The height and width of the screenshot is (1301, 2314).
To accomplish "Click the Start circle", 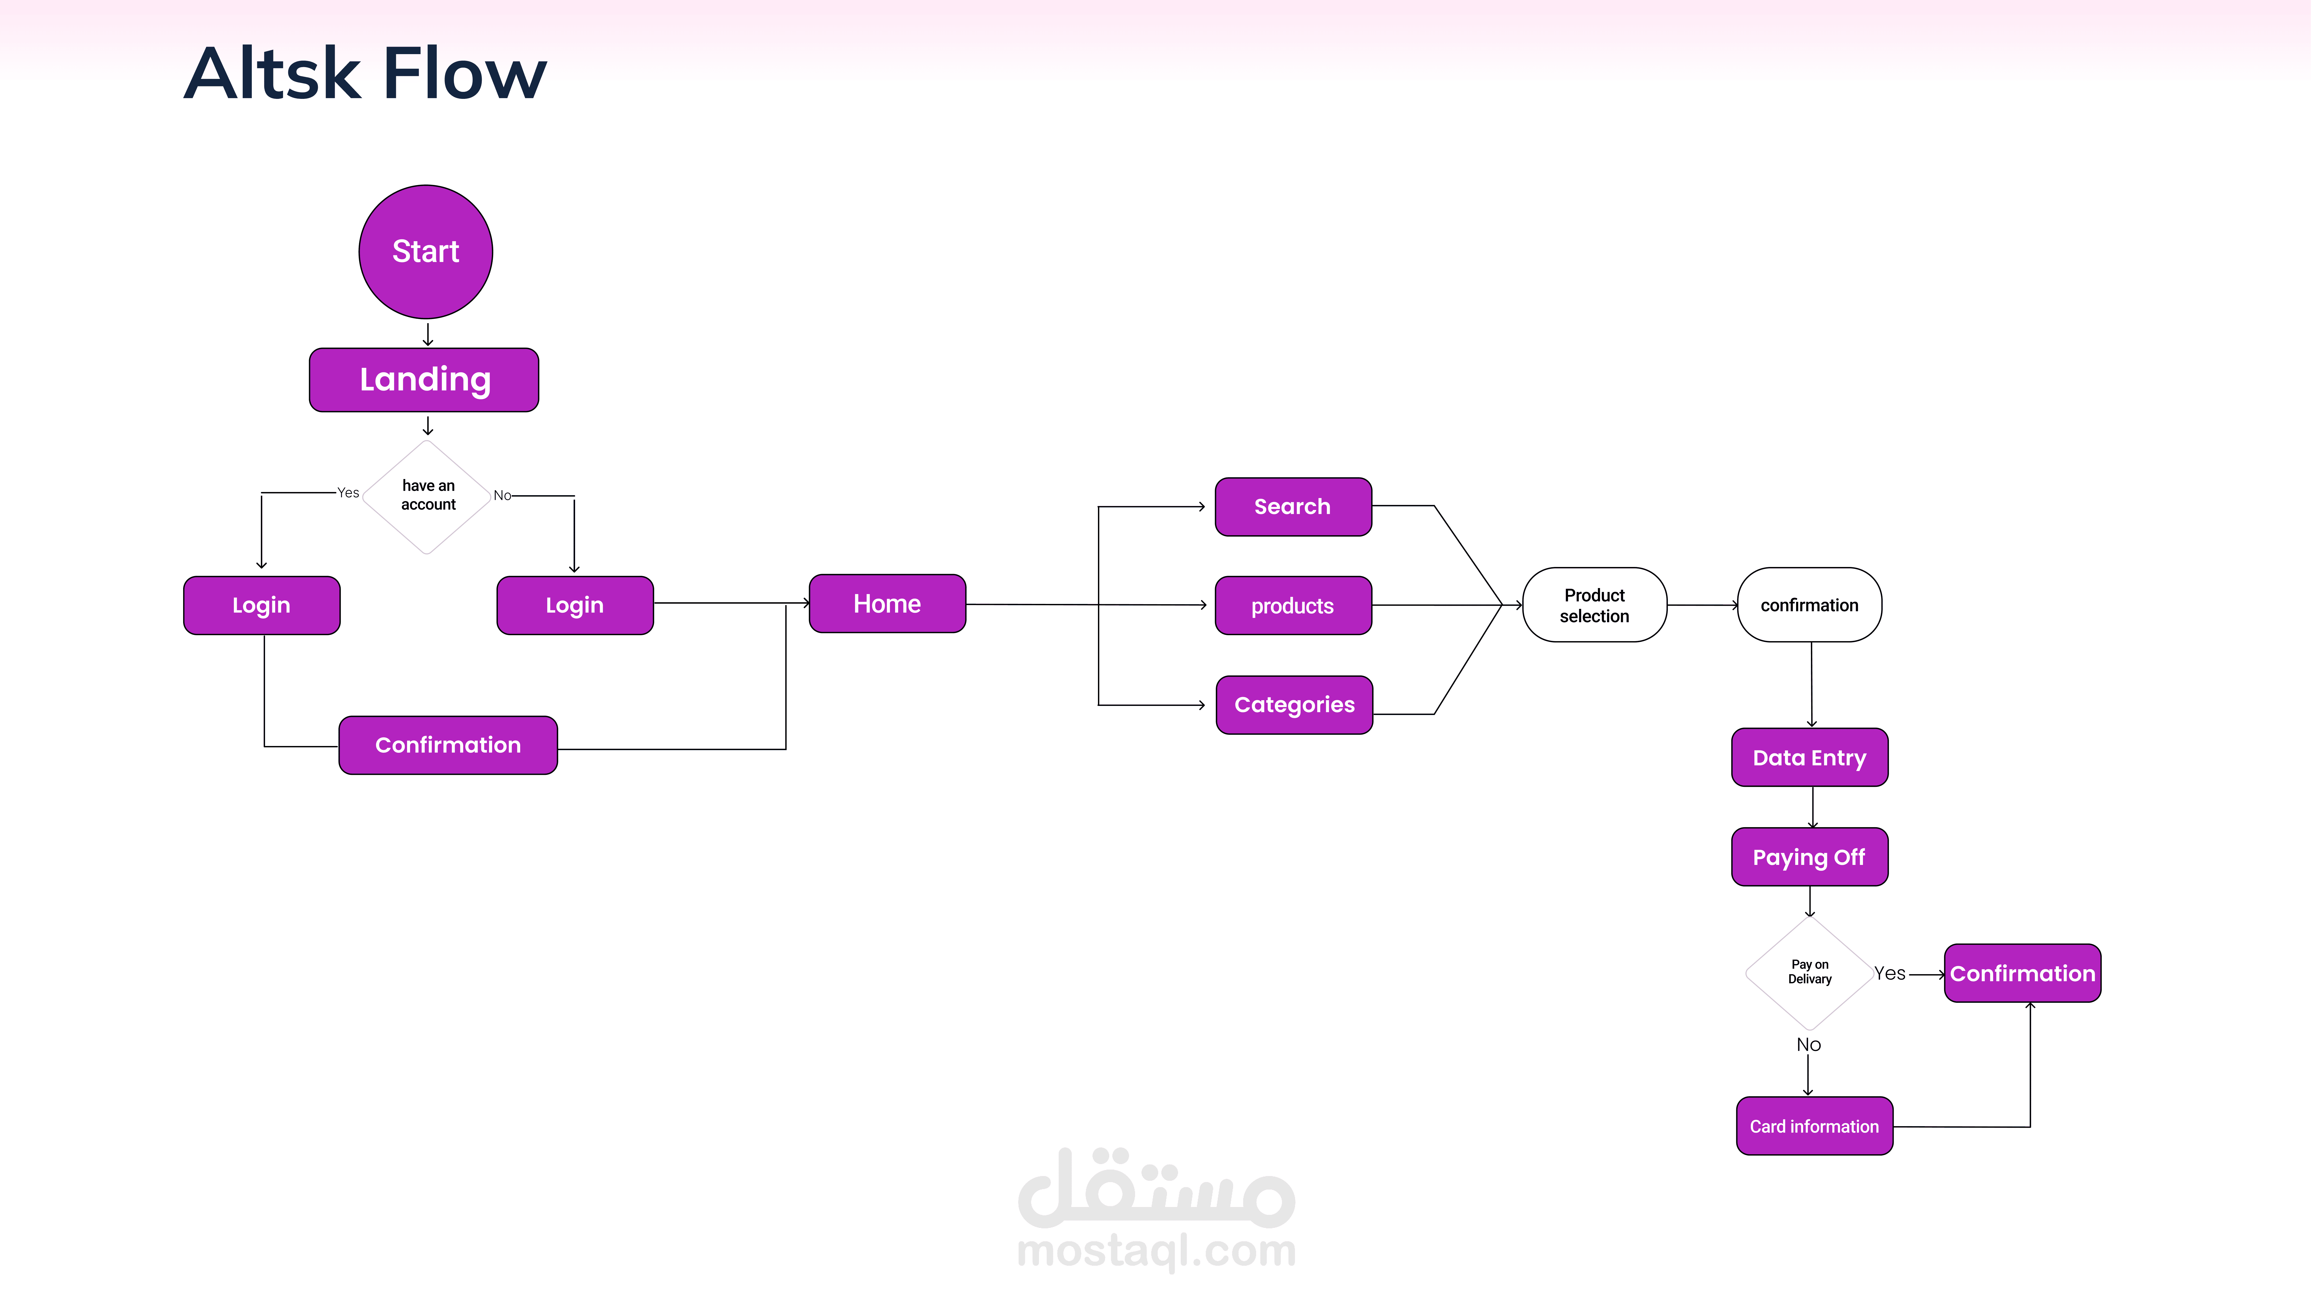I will click(x=426, y=252).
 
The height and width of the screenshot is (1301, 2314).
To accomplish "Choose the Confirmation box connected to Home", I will click(x=447, y=745).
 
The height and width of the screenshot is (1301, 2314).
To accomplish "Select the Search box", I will click(x=1293, y=507).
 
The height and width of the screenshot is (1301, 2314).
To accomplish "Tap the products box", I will click(x=1293, y=605).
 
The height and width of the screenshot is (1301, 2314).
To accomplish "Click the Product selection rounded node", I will click(x=1595, y=605).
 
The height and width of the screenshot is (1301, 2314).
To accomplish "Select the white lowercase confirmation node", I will click(x=1809, y=605).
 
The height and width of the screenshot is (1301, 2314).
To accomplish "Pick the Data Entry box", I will click(x=1809, y=757).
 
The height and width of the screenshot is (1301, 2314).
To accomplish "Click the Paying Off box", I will click(x=1809, y=857).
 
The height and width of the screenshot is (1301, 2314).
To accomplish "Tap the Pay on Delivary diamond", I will click(x=1809, y=972).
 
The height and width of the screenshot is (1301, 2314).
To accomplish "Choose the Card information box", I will click(x=1814, y=1126).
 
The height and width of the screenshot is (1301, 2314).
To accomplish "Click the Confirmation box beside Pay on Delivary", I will click(x=2022, y=973).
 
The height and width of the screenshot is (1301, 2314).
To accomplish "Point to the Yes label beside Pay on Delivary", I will click(x=1889, y=973).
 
